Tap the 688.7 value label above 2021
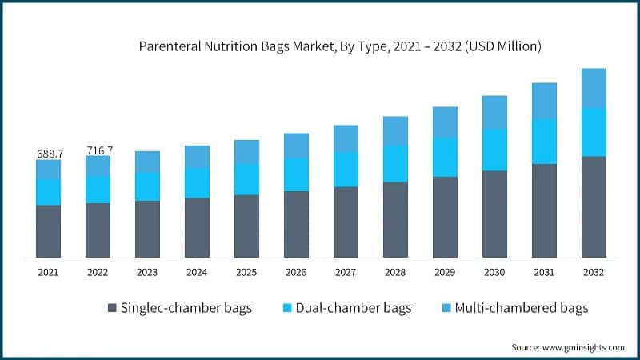pos(48,152)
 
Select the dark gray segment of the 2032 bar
pos(593,206)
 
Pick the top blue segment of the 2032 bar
pos(593,88)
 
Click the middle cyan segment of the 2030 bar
pos(494,150)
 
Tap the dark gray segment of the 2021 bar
pos(48,231)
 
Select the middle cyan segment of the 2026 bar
pos(296,174)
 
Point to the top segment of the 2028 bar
pos(395,130)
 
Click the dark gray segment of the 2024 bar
pos(197,227)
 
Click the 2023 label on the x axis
pos(147,273)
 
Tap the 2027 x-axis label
pos(346,273)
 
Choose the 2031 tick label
pos(543,273)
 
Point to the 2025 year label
pos(246,273)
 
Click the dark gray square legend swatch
pos(112,308)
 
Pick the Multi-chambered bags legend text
pos(521,308)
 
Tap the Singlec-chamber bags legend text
pos(186,308)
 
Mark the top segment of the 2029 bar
pos(445,122)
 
